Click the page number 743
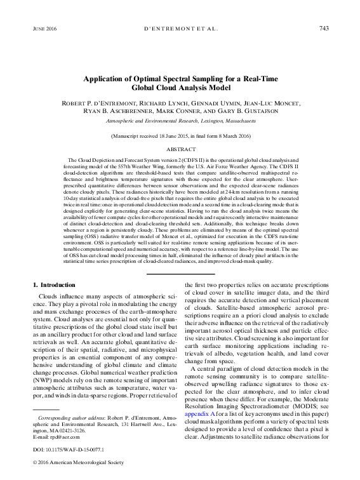pos(323,29)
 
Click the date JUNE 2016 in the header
pos(44,29)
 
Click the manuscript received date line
pos(180,136)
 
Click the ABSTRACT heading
pos(180,149)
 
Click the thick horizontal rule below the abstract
pos(180,273)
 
